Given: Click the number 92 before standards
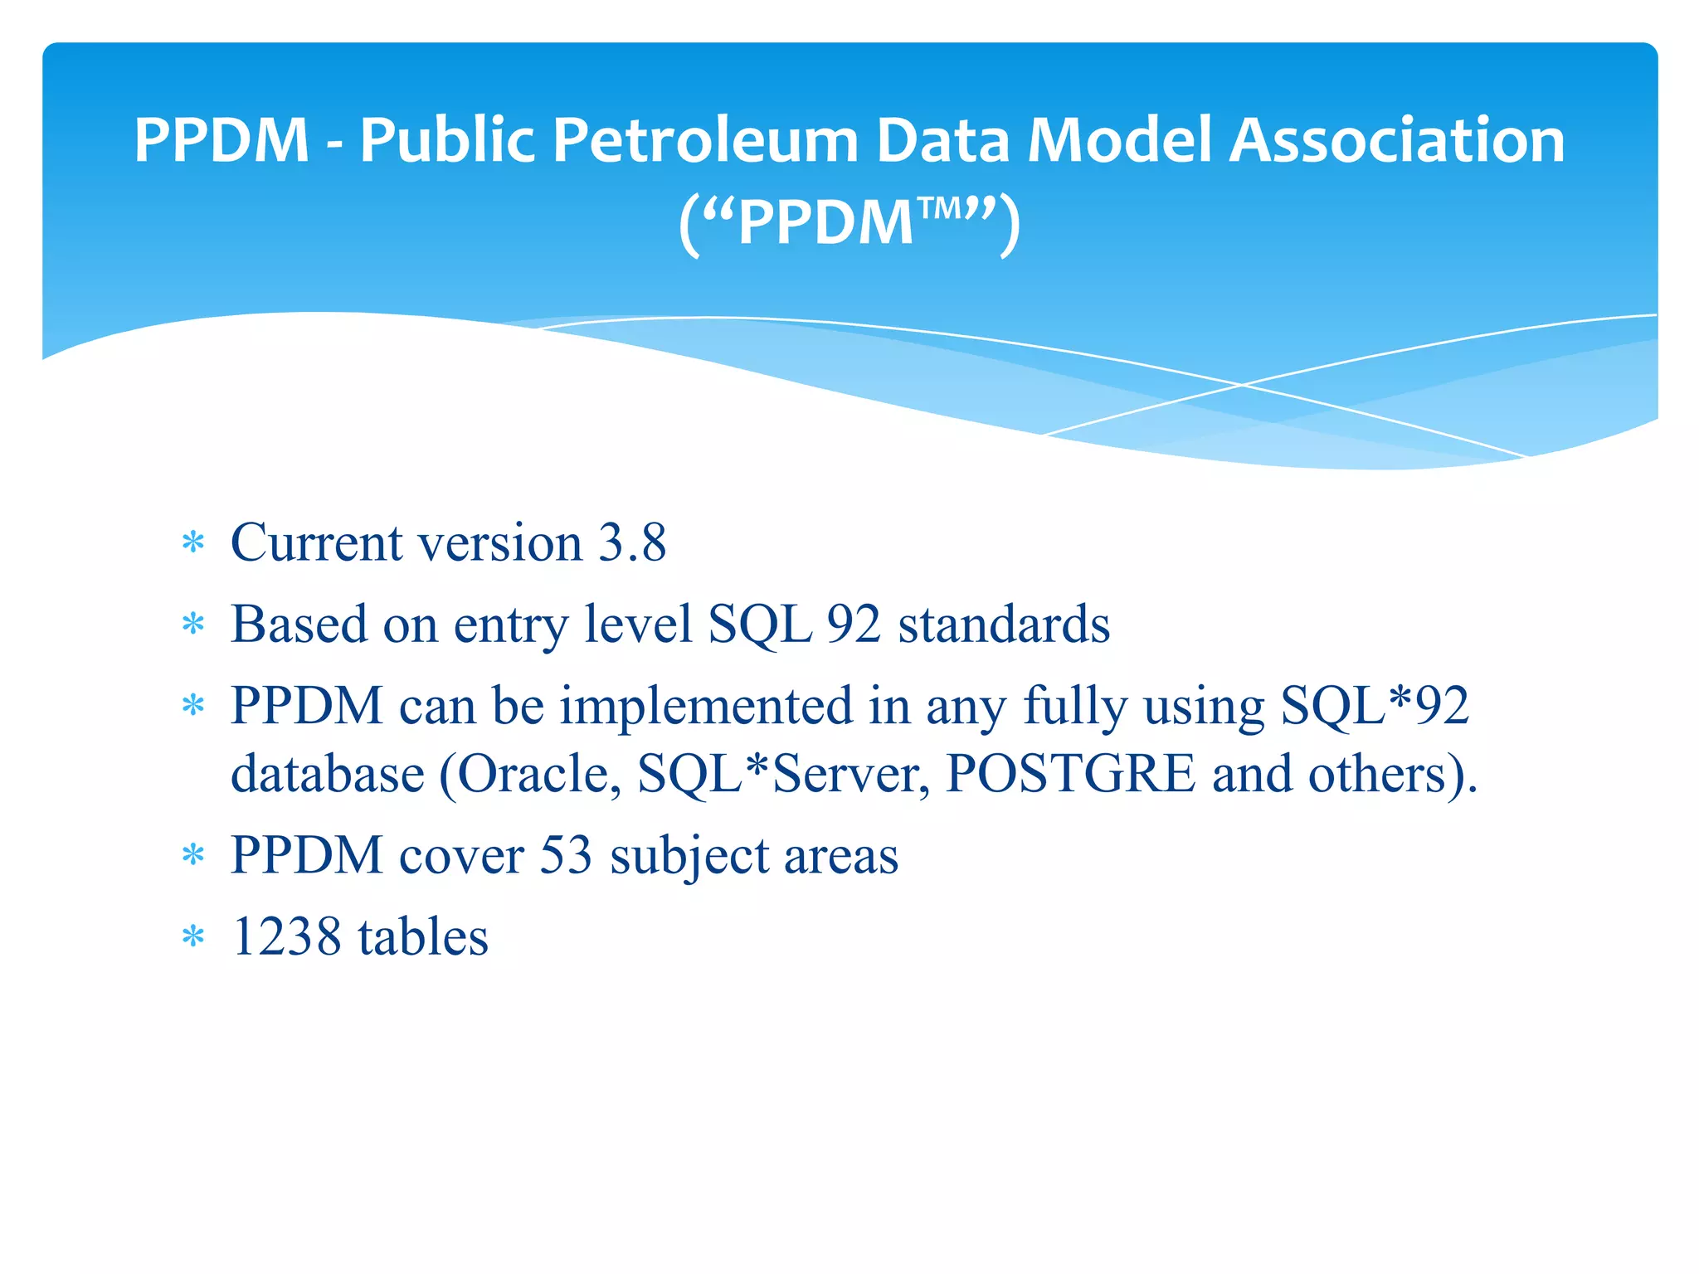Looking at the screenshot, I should coord(854,625).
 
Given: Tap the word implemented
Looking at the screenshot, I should coord(706,706).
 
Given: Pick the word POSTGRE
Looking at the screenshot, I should coord(1070,775).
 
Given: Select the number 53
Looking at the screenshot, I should coord(566,855).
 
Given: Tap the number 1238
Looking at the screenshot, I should coord(286,937).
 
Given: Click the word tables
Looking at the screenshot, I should coord(423,937).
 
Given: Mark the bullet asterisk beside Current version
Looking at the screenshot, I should coord(193,544).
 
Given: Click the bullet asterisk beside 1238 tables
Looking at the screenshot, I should coord(193,938).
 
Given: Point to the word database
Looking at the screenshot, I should coord(328,775).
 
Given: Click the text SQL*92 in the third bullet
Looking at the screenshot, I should coord(1375,706).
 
